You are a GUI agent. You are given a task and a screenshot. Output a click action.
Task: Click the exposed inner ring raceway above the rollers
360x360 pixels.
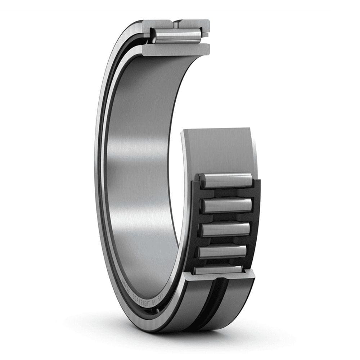pyautogui.click(x=220, y=151)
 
